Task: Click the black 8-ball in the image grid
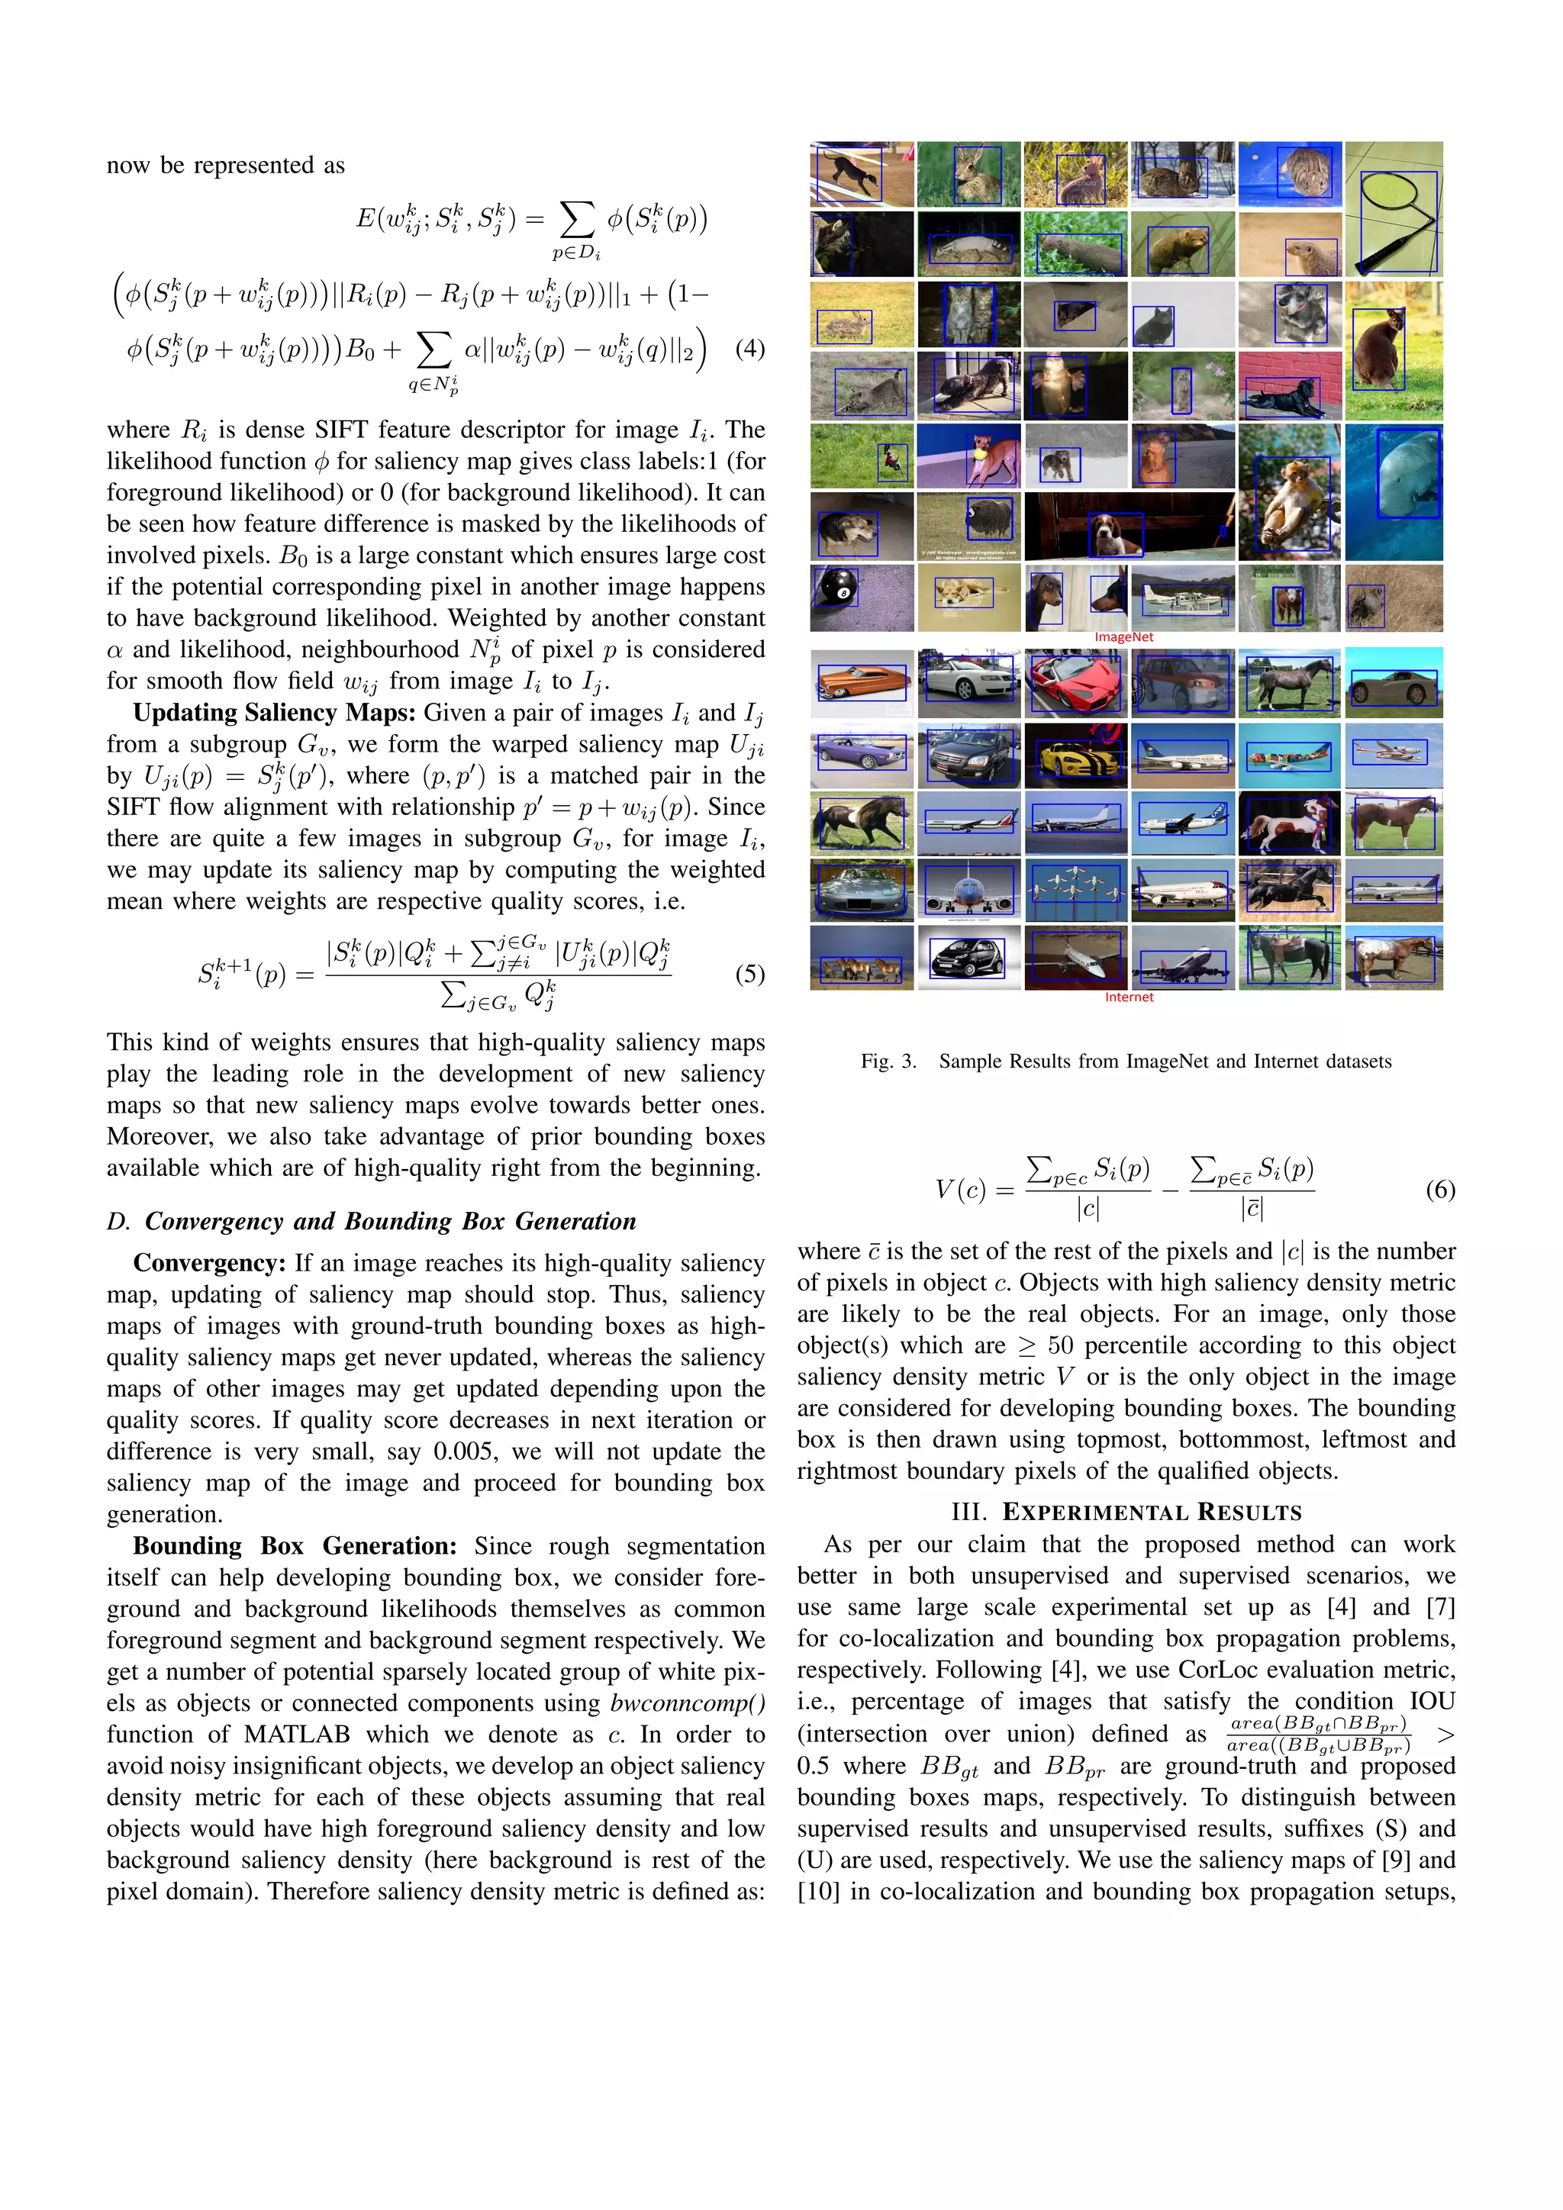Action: [x=836, y=588]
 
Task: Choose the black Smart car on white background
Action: [x=968, y=958]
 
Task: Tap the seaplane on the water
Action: [x=1182, y=598]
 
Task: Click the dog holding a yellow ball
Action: [x=968, y=456]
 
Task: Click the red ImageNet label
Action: [x=1123, y=637]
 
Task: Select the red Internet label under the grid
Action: [x=1128, y=997]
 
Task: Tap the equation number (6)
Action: [x=1440, y=1190]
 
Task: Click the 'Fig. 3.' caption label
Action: [x=888, y=1061]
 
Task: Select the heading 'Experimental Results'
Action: [x=1126, y=1513]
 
